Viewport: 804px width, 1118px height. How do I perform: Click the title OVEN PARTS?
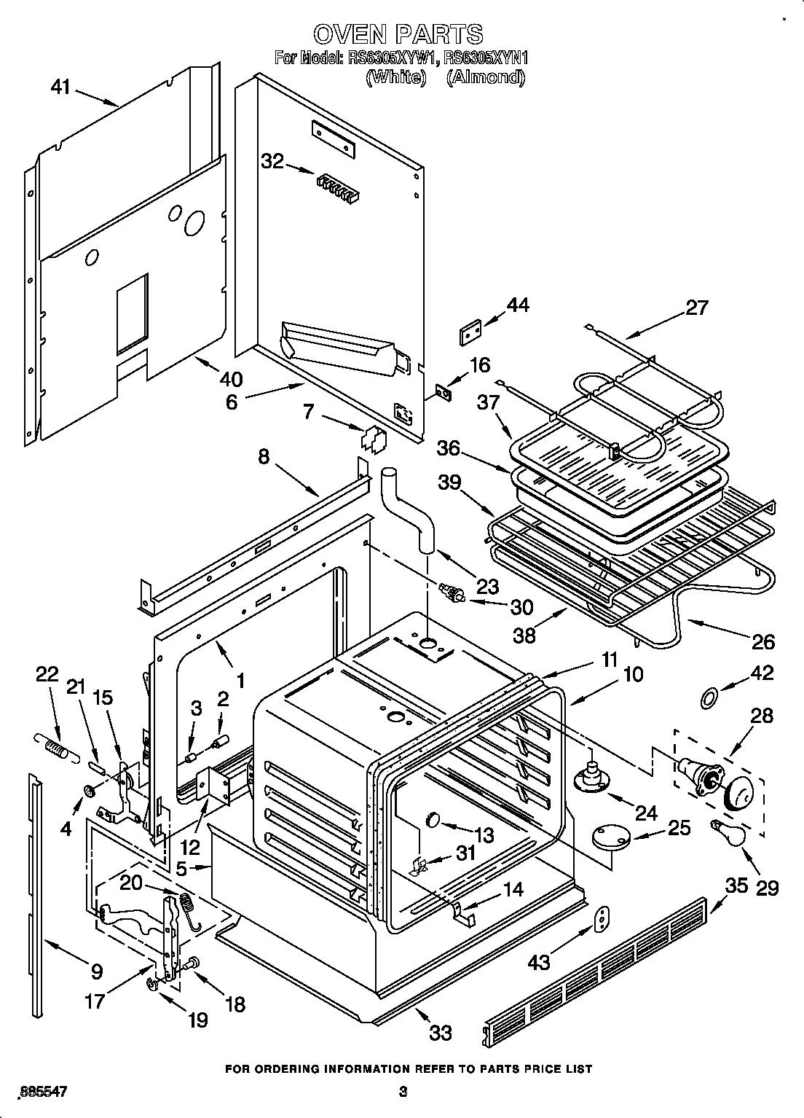[x=398, y=34]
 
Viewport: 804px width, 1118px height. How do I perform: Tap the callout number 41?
[x=60, y=87]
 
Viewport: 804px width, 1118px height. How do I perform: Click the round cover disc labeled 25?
[x=611, y=835]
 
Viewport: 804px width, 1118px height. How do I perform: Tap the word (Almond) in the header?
[x=485, y=77]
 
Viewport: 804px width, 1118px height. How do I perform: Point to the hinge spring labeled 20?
[x=188, y=910]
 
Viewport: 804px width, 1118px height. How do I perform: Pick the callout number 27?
[x=696, y=308]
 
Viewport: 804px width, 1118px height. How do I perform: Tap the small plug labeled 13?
[x=433, y=818]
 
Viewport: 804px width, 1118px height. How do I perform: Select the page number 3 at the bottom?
[x=402, y=1091]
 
